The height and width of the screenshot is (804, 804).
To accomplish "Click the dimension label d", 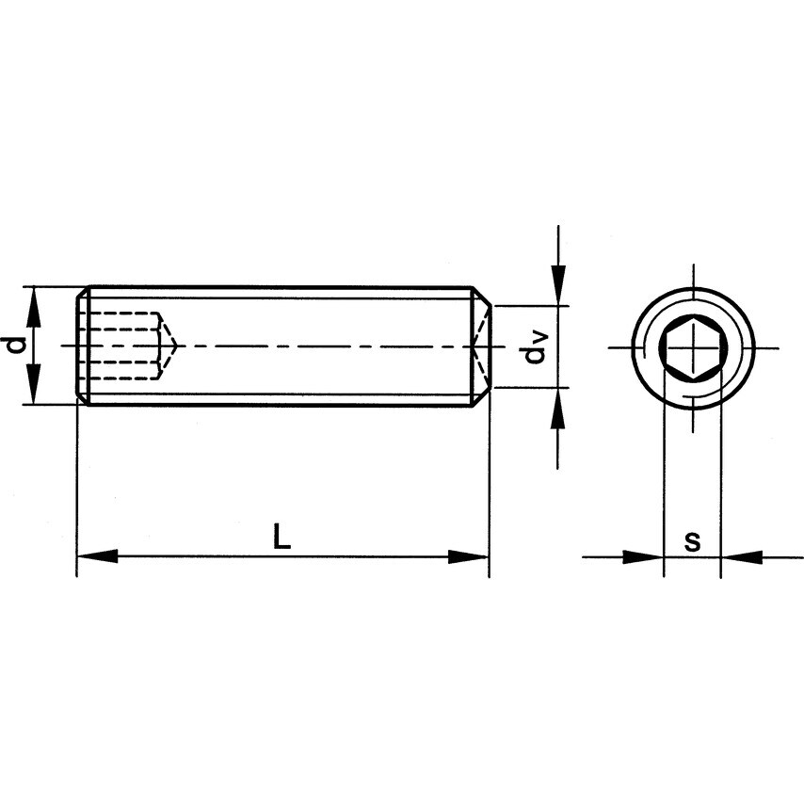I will [x=14, y=346].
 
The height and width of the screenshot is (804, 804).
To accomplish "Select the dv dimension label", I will [x=536, y=347].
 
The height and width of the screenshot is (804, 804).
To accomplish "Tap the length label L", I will [x=281, y=537].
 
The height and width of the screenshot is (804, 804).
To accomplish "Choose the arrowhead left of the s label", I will [x=645, y=557].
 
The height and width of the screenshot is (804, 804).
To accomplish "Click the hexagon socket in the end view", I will [x=692, y=347].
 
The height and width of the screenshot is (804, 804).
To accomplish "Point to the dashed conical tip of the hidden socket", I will [x=169, y=346].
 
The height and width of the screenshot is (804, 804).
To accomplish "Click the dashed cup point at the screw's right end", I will [x=481, y=346].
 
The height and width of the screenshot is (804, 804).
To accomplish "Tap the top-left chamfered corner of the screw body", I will [x=83, y=293].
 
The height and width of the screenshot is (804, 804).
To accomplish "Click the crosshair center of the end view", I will [x=693, y=348].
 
